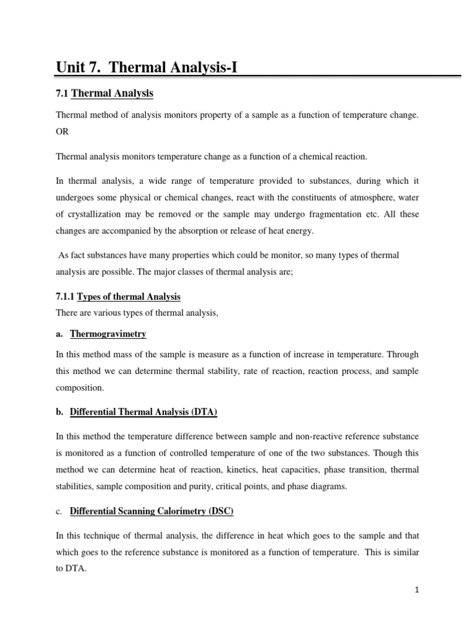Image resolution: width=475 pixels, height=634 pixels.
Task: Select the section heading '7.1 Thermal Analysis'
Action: point(105,93)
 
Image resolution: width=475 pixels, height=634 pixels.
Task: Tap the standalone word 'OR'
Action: point(63,132)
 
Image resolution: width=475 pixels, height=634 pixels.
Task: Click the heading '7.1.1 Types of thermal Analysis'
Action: point(118,297)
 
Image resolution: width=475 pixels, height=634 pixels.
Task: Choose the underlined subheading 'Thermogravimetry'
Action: point(108,334)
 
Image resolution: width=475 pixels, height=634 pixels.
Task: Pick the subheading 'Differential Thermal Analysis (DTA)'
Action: point(143,412)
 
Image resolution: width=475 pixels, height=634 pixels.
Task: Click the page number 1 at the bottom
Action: point(417,591)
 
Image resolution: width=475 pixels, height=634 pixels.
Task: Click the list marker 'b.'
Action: point(60,412)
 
